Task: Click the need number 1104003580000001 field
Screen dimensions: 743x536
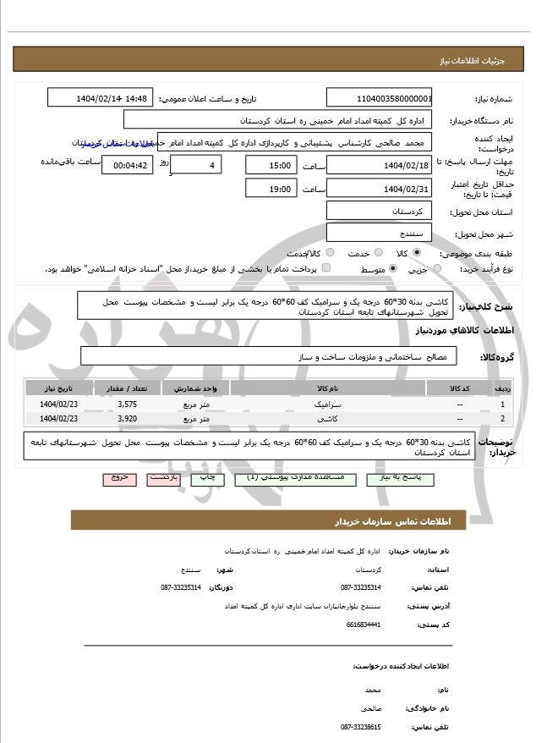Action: click(x=380, y=98)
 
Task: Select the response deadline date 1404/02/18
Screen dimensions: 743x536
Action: click(x=380, y=165)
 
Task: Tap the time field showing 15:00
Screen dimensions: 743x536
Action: click(x=271, y=165)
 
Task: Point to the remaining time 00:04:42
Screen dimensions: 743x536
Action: click(x=128, y=165)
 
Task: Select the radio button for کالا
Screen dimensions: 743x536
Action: click(x=416, y=253)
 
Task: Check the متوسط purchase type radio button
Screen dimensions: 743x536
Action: click(x=393, y=269)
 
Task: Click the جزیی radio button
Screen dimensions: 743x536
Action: click(x=436, y=269)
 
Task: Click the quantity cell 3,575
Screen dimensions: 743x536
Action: click(x=128, y=405)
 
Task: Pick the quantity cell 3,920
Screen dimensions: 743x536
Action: click(x=128, y=418)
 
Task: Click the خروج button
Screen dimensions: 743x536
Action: click(x=119, y=478)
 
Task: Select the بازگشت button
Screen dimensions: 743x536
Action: click(x=164, y=478)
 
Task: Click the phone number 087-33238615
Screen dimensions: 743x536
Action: click(x=361, y=727)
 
